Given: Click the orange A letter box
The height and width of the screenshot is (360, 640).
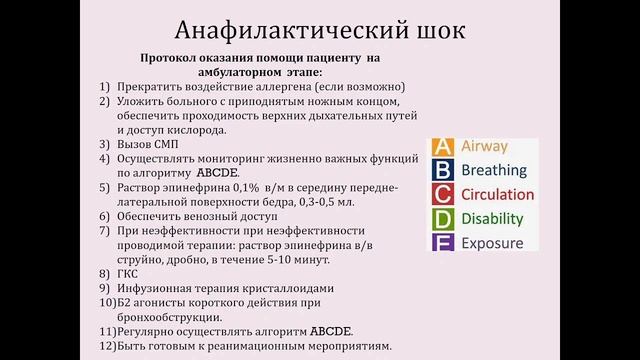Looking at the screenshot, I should pos(443,147).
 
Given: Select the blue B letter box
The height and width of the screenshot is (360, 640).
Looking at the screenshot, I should pos(443,171).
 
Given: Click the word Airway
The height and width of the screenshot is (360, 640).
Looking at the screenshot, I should pos(484,147).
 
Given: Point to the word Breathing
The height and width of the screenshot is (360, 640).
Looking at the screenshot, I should pos(494,171).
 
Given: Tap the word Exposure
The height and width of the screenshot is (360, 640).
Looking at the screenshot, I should pos(492,243).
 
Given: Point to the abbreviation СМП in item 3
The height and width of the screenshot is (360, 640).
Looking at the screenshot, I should pos(165,144).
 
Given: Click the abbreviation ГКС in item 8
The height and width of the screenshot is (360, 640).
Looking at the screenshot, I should pos(130,273).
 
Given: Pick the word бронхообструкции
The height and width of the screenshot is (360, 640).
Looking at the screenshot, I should pos(164,317).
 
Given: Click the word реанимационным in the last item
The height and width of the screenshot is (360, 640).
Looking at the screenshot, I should pos(273,346).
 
